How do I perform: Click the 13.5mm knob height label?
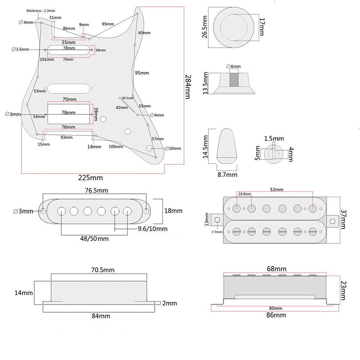coord(205,82)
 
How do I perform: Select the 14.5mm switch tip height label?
coord(205,145)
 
